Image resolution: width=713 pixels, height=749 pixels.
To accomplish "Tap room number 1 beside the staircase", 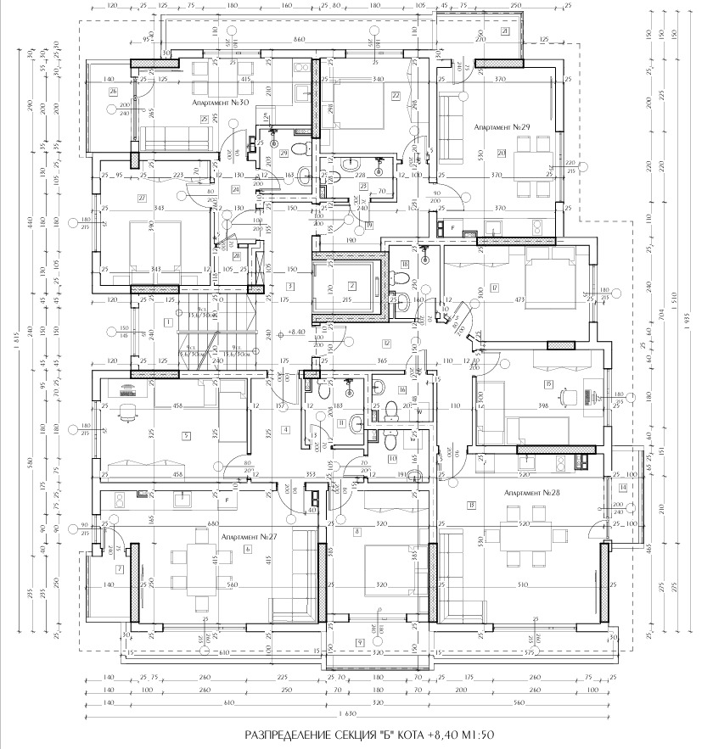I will (169, 322).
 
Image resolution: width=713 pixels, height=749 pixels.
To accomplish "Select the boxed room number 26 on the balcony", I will (112, 92).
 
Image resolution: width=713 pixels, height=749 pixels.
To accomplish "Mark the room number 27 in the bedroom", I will (142, 198).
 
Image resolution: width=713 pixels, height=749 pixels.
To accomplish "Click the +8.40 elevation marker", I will (296, 333).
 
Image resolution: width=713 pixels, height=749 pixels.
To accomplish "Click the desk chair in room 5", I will (128, 413).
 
